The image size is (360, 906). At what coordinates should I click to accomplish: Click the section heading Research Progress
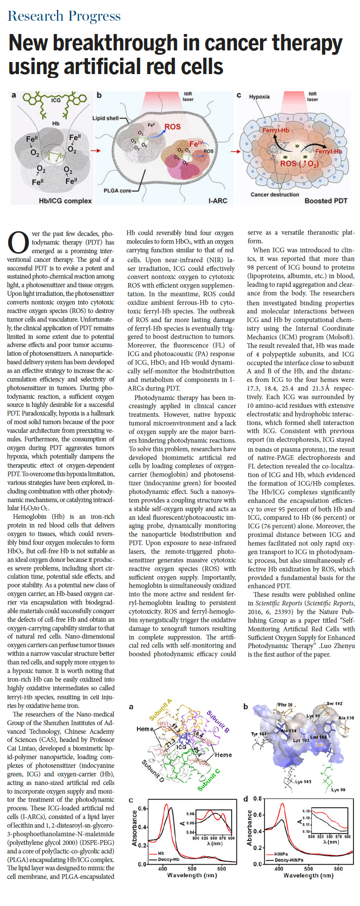(64, 16)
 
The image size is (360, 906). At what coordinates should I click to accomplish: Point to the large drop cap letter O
(18, 243)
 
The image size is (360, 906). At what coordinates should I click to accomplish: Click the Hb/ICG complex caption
(65, 201)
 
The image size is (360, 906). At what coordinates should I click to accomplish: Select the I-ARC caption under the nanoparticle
(217, 201)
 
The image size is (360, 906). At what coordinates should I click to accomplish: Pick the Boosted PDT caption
(326, 201)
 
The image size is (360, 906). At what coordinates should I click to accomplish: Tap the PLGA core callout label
(117, 191)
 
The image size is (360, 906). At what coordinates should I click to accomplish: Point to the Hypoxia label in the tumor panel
(259, 97)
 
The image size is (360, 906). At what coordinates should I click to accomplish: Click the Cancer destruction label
(275, 195)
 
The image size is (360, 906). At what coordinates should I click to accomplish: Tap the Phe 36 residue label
(285, 705)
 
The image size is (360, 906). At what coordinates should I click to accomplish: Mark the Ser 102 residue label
(334, 704)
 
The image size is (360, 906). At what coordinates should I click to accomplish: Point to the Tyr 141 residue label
(259, 734)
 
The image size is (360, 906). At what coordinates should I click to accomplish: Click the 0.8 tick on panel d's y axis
(258, 799)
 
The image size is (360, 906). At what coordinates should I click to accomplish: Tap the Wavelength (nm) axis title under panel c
(192, 875)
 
